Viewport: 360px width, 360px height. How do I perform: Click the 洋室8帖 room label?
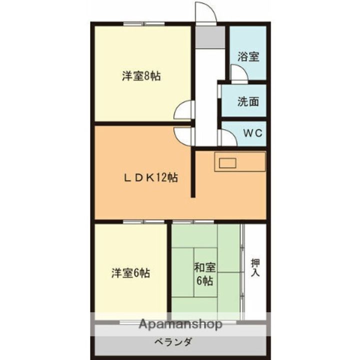coord(141,76)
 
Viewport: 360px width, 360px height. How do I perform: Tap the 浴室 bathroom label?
coord(248,56)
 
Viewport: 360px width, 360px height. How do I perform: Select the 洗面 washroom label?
coord(248,101)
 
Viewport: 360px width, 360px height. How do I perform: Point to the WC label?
coord(253,133)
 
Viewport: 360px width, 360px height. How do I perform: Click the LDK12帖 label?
coord(150,177)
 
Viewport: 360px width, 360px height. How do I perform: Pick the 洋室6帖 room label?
coord(130,273)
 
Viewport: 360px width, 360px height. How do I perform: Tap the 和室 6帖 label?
coord(205,274)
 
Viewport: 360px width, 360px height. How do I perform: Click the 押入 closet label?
coord(255,267)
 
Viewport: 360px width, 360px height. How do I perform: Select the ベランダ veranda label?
coord(173,342)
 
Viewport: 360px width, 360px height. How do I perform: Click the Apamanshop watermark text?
coord(180,324)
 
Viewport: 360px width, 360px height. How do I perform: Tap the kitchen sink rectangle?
coord(227,163)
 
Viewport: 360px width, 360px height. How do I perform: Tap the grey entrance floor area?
coord(210,37)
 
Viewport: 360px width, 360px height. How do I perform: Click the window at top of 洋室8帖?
coord(144,23)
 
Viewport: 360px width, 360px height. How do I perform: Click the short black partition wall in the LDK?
coord(193,172)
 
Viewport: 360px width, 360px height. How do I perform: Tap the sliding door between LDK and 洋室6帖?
coord(143,222)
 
